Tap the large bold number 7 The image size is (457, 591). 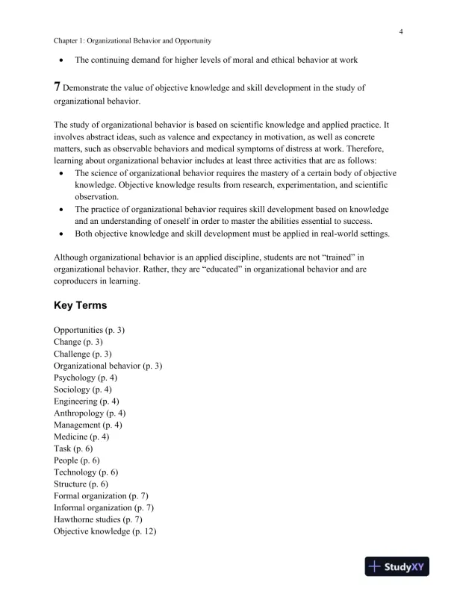click(x=57, y=87)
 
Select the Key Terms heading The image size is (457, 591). click(x=81, y=306)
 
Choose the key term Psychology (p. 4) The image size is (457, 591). click(x=85, y=378)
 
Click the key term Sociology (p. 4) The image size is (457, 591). click(x=83, y=390)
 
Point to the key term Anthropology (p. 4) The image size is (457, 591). click(x=90, y=413)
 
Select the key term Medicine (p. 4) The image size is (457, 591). click(x=81, y=437)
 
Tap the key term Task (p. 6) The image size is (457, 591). click(x=73, y=448)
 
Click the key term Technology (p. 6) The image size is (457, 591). click(x=86, y=472)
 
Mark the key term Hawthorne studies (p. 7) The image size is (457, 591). click(x=99, y=519)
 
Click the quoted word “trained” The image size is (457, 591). click(x=334, y=259)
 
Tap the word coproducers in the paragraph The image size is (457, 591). click(x=80, y=283)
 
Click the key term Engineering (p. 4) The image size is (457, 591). click(x=87, y=401)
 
